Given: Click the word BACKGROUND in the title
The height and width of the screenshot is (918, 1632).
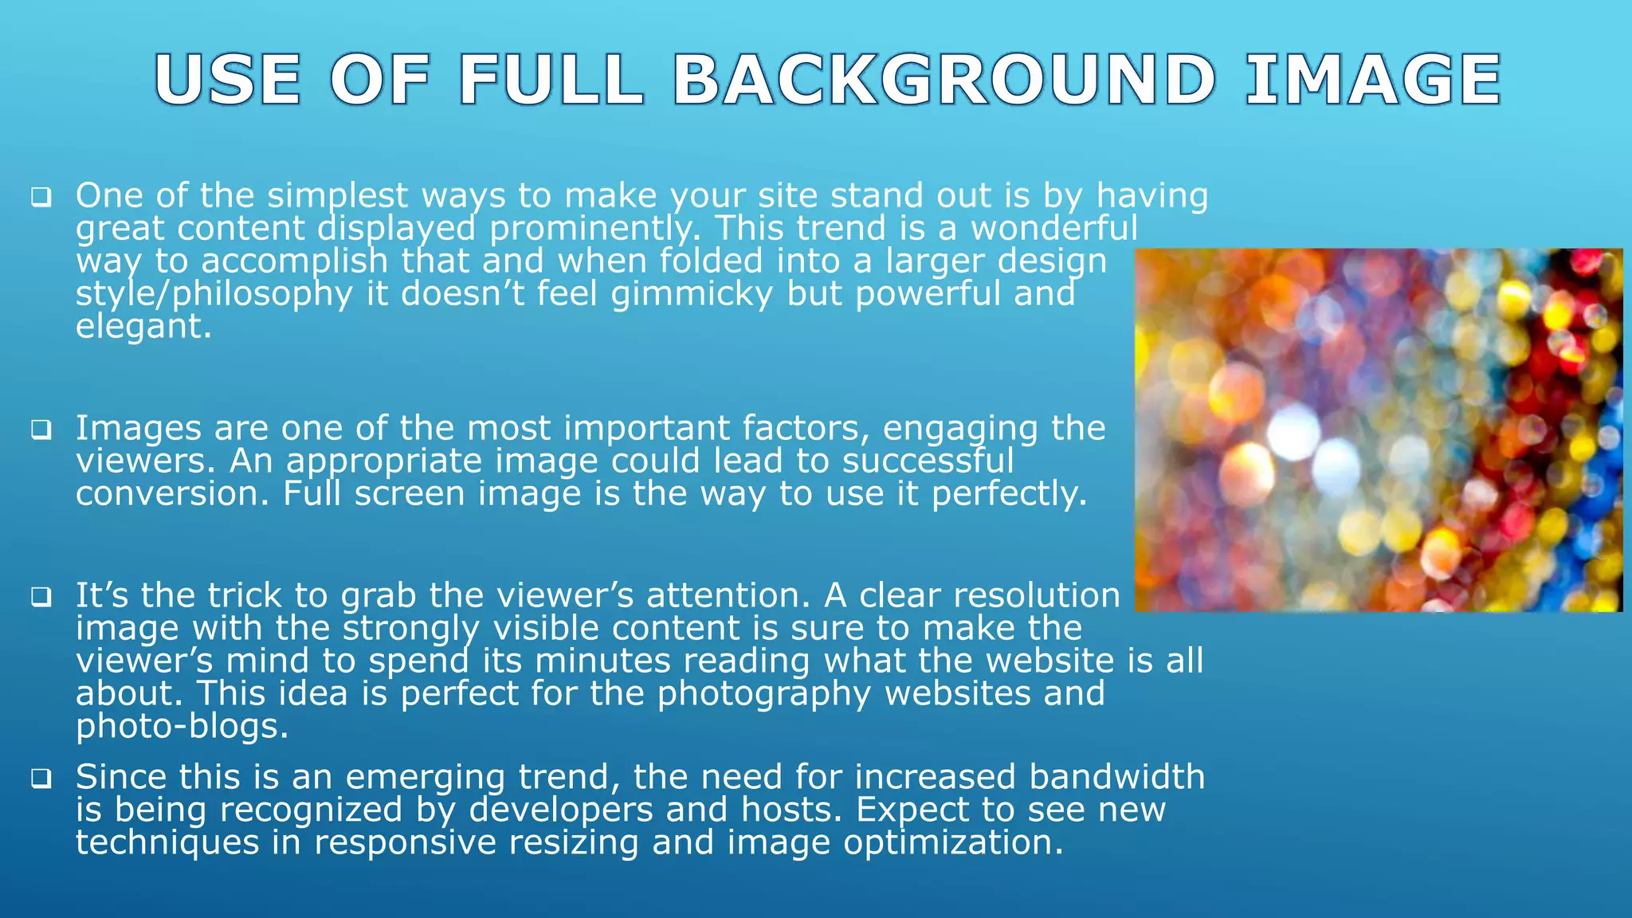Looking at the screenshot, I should click(x=944, y=80).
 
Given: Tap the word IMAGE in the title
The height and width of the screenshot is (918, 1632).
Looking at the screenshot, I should click(x=1373, y=80).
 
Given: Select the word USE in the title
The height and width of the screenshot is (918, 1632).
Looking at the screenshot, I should click(x=228, y=80).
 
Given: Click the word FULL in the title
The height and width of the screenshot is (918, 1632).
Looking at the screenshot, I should click(x=551, y=80).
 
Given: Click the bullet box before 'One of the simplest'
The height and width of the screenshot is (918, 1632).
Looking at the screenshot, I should click(x=41, y=197).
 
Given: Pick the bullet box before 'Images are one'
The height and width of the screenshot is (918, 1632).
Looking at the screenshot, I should click(x=41, y=430).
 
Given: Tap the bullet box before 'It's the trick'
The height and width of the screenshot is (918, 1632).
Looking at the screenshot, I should click(x=41, y=597).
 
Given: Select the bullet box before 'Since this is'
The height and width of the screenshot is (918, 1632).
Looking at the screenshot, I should click(x=41, y=778).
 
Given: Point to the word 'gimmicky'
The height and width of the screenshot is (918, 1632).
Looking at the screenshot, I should click(x=692, y=294).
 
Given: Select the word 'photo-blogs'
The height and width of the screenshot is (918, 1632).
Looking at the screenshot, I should click(x=182, y=726).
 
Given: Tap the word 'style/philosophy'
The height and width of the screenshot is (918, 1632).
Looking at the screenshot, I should click(x=214, y=294).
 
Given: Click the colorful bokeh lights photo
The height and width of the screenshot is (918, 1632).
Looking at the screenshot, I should click(x=1378, y=430).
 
